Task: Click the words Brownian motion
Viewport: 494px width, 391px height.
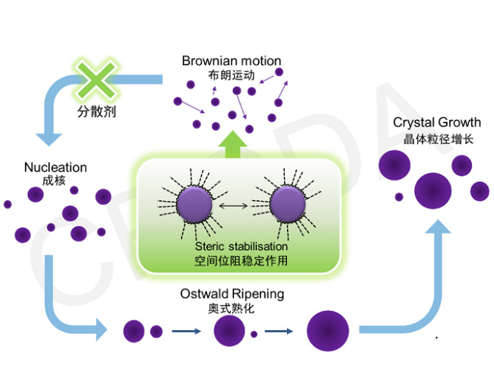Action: [231, 61]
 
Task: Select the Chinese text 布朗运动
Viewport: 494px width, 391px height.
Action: [231, 75]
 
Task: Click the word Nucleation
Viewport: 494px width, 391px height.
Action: [55, 167]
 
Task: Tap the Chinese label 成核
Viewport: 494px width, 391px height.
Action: [54, 180]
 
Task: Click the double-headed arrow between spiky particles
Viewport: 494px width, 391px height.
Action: [241, 205]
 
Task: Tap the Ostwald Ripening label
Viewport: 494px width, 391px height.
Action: [232, 294]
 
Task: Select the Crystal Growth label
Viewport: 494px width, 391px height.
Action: [437, 123]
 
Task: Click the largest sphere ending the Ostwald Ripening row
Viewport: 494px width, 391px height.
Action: [327, 332]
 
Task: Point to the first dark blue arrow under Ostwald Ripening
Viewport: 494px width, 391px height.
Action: [186, 332]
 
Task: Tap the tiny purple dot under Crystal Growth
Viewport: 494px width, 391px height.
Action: [399, 197]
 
